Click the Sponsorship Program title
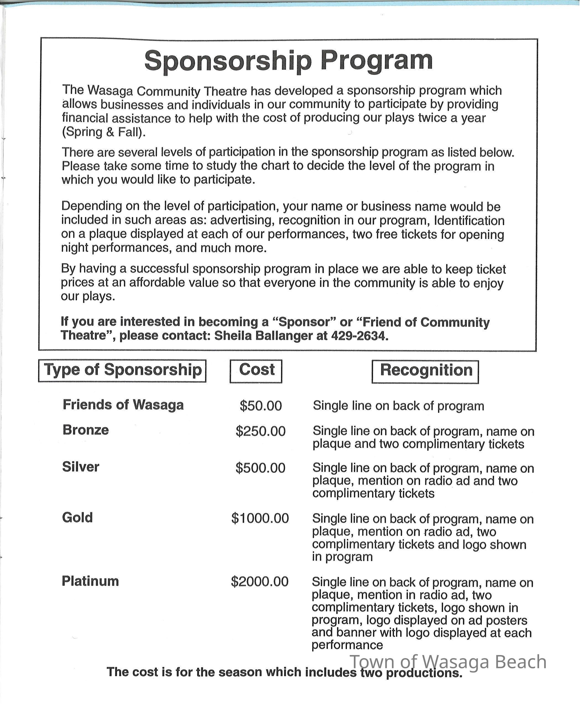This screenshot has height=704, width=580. tap(288, 61)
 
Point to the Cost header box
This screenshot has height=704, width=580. tap(256, 371)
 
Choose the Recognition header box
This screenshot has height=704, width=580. tap(425, 371)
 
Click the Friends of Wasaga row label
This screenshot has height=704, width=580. tap(123, 405)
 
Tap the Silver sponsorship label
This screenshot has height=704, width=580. tap(80, 467)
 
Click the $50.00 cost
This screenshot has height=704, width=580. tap(261, 406)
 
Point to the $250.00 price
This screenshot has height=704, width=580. tap(261, 431)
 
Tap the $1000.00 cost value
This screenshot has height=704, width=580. tap(260, 518)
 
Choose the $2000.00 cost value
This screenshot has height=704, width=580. tap(260, 582)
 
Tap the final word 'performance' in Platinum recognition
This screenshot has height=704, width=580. tap(347, 645)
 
